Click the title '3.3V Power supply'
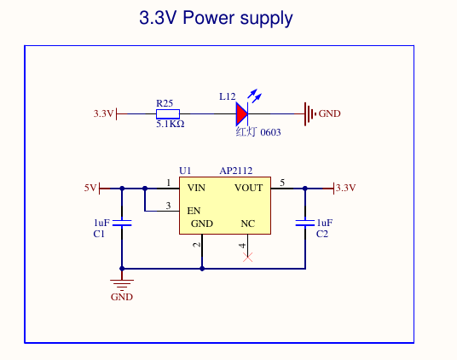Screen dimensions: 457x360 216,18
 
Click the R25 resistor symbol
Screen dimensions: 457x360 168,114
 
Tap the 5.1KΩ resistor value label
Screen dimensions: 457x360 171,125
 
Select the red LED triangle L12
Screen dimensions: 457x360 242,113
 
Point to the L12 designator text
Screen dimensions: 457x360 228,96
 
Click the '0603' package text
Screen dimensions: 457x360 270,132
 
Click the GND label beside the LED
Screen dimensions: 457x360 329,113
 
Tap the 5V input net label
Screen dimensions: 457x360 90,188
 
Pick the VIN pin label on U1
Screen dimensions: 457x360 196,188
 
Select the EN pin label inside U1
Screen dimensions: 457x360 194,211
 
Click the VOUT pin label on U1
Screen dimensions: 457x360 249,188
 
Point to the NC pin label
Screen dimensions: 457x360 248,224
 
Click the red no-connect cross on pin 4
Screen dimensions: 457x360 248,257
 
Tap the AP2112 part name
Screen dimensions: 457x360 236,171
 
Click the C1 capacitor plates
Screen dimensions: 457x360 122,223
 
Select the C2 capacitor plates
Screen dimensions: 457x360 305,223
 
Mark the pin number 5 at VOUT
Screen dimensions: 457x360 282,183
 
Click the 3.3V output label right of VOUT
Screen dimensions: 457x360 345,188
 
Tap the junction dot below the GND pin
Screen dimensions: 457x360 202,269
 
